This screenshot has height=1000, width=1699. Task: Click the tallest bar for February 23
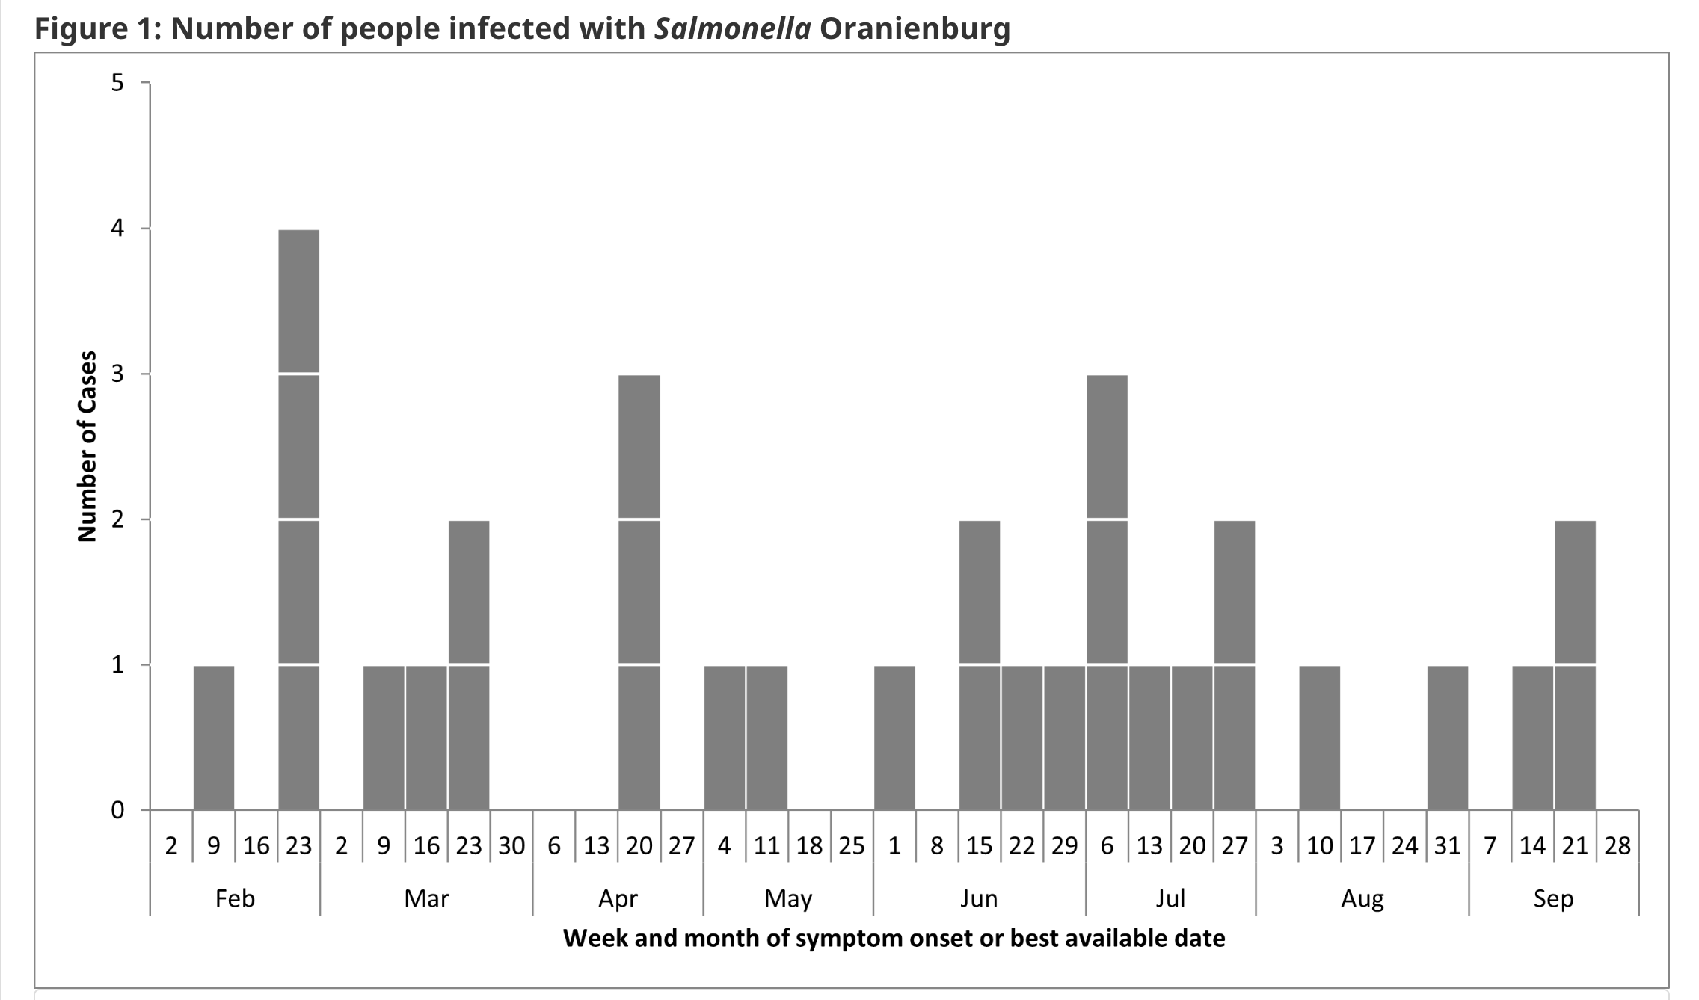298,519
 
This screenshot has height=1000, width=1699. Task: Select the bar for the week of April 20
639,592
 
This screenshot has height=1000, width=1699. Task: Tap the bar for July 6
1107,592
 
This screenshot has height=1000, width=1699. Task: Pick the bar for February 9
214,737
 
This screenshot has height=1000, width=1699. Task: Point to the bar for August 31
1448,737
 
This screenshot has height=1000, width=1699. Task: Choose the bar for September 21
1575,665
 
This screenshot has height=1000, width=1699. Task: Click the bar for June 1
894,737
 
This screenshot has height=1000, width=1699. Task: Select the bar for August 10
1320,737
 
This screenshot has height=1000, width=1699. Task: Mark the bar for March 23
469,665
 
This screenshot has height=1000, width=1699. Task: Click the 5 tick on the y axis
118,83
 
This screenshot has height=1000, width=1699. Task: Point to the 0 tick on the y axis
118,810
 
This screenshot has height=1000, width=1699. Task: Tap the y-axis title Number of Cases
87,446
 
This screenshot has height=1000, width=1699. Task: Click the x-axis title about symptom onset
894,939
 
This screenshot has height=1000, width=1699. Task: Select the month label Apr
618,898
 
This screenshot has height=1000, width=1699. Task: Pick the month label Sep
1553,898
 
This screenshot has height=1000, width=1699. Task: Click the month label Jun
979,898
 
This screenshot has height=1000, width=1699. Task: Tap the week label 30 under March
511,846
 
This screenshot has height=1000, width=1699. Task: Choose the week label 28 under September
1617,846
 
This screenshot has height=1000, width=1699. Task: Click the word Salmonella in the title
733,28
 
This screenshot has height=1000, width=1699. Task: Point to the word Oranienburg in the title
915,28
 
